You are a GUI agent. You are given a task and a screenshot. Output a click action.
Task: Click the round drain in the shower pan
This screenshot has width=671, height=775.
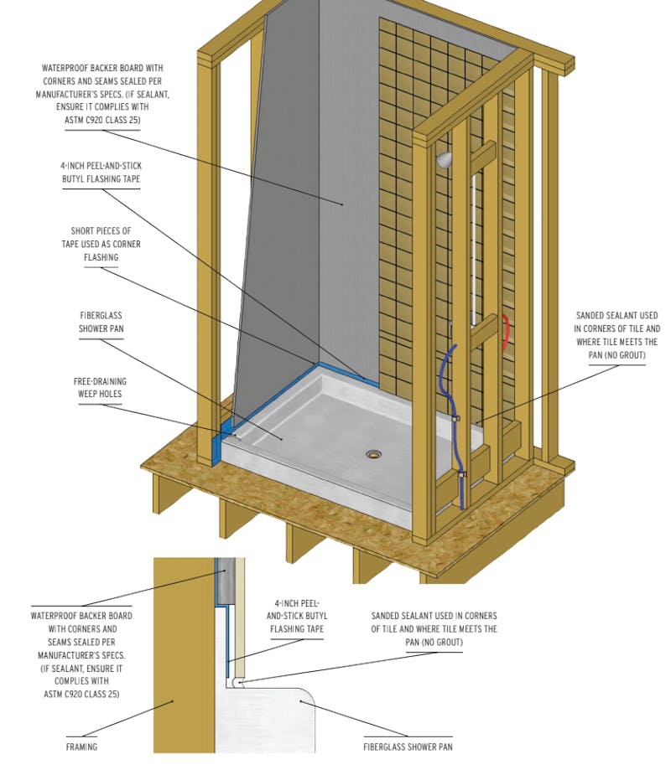373,455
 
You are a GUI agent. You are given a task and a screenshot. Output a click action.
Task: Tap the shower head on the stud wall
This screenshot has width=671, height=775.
444,157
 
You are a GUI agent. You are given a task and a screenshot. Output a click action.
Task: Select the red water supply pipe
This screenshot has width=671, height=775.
505,332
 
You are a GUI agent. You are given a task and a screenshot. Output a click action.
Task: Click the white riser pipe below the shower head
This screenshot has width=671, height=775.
476,235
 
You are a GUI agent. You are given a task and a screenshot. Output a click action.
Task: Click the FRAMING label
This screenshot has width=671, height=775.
81,747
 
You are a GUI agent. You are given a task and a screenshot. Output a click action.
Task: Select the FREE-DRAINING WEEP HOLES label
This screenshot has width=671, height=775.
100,388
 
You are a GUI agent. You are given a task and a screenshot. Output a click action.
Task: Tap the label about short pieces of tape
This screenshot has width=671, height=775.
101,244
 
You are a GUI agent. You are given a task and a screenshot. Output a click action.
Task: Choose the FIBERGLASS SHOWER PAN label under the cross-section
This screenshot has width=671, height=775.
408,747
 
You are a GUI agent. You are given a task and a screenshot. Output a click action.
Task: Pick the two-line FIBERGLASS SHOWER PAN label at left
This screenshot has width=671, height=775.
101,323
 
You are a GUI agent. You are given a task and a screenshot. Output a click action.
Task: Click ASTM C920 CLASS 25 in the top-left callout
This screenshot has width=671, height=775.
102,120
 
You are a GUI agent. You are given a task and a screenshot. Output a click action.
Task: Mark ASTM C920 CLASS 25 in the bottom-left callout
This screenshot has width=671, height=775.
81,694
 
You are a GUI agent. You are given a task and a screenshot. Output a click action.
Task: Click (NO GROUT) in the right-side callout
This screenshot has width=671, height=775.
616,355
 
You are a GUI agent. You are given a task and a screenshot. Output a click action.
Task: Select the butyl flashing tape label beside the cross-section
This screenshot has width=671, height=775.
297,616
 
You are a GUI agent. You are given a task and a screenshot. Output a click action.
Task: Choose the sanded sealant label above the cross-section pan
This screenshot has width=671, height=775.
434,628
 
